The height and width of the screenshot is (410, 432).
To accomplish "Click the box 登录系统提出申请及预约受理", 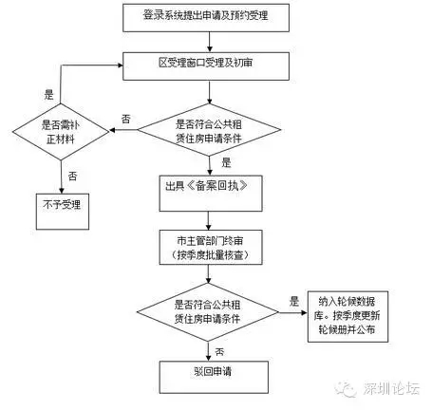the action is click(x=206, y=18).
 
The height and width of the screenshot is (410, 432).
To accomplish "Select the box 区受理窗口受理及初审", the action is click(x=206, y=66).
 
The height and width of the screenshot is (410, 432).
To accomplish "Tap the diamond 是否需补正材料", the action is click(x=61, y=132).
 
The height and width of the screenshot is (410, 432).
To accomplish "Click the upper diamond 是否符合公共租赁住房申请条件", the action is click(x=209, y=130).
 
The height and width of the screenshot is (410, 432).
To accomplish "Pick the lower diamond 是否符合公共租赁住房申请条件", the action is click(x=208, y=312).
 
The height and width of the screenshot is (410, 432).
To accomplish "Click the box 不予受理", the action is click(x=63, y=212).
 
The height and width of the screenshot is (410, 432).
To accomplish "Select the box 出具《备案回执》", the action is click(x=211, y=194).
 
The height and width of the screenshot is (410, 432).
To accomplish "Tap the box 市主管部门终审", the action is click(x=211, y=247).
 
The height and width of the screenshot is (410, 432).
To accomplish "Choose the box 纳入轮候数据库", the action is click(x=347, y=316).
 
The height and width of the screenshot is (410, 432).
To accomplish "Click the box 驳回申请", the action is click(x=214, y=378).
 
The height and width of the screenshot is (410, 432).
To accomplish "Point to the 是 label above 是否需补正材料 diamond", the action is click(x=48, y=94).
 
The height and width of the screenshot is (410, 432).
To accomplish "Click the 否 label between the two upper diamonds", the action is click(x=125, y=119).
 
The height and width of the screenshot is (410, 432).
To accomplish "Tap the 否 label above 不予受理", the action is click(x=72, y=176).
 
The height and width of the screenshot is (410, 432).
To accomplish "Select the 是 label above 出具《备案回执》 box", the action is click(x=226, y=162).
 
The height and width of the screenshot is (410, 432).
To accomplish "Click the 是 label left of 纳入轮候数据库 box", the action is click(x=294, y=302).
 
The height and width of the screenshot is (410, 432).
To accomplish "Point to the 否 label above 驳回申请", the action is click(x=219, y=351).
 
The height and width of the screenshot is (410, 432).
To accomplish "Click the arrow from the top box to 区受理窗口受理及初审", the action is click(x=209, y=42).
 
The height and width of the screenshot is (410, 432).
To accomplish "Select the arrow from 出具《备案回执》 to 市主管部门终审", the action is click(x=208, y=220).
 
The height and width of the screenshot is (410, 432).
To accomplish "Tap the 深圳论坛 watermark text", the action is click(x=391, y=388).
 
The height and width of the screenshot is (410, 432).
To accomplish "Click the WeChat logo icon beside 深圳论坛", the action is click(x=347, y=389).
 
